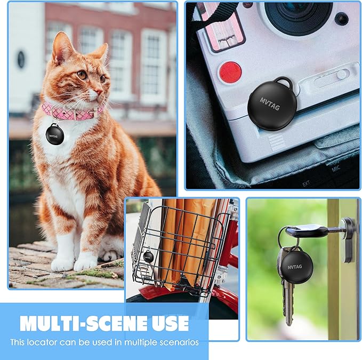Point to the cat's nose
(x=101, y=78)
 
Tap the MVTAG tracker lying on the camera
(x=277, y=105)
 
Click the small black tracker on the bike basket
(x=148, y=257)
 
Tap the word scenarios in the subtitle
(x=178, y=342)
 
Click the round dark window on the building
(x=21, y=59)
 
